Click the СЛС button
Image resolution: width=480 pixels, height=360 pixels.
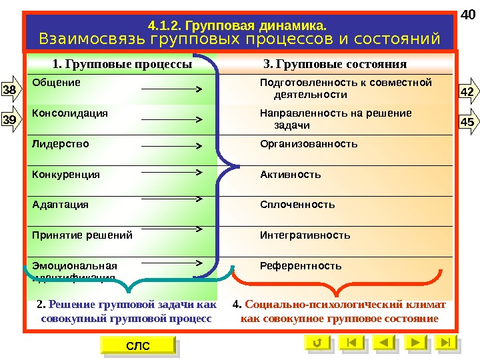[138, 345]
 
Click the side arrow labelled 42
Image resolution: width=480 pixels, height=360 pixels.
[468, 91]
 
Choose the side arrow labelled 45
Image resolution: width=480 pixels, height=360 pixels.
[468, 121]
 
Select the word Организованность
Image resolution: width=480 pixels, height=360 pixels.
[309, 144]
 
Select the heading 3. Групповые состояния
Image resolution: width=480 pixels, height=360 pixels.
[335, 65]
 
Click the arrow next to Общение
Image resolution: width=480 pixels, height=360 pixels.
[172, 88]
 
